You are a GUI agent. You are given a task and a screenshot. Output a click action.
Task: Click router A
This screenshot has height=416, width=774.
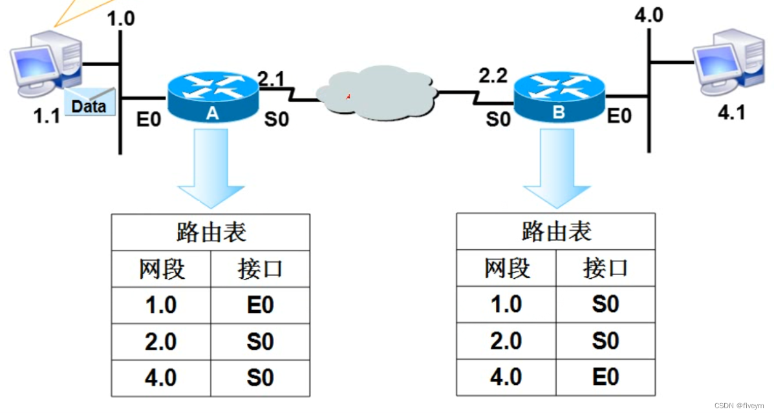(x=211, y=97)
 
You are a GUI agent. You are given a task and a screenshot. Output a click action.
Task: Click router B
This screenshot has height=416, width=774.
(x=559, y=97)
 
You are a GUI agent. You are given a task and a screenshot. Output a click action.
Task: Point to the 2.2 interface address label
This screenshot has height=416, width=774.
(x=493, y=76)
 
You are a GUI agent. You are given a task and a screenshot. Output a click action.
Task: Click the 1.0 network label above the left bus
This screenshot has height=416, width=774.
(x=122, y=17)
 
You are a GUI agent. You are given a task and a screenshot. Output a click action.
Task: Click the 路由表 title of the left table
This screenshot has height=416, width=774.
(x=211, y=232)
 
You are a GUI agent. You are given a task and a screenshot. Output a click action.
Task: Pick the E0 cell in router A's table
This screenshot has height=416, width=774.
(x=260, y=305)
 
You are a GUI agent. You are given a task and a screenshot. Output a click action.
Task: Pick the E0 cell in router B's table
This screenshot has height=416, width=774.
(x=605, y=377)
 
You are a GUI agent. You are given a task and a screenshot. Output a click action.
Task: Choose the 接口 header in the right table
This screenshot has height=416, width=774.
(x=605, y=268)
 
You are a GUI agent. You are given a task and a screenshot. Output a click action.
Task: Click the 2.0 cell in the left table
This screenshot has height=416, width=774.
(x=160, y=342)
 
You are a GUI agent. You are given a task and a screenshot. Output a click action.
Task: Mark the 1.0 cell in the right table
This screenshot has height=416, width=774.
(x=506, y=304)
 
